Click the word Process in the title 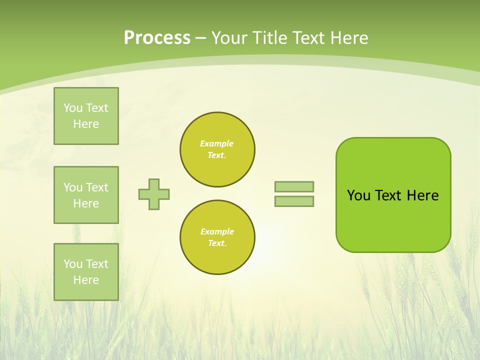tap(157, 38)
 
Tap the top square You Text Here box tap(86, 116)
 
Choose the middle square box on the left tap(86, 195)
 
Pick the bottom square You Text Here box tap(86, 272)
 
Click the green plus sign tap(154, 194)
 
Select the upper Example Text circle tap(217, 149)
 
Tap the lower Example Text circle tap(217, 237)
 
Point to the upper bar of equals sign tap(294, 186)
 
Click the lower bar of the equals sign tap(294, 201)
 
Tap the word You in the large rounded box tap(358, 195)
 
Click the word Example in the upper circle tap(216, 143)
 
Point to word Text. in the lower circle tap(217, 243)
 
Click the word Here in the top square tap(86, 124)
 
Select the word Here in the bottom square tap(86, 280)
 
